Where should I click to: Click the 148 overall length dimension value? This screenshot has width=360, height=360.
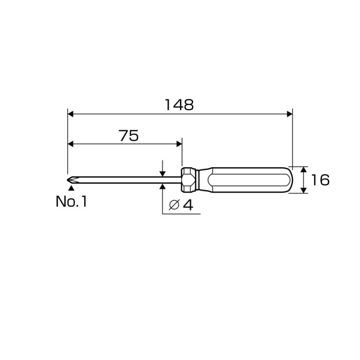pos(180,105)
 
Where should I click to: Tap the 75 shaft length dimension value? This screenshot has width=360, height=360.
pos(128,135)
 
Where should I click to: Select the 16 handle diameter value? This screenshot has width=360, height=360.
pos(320,180)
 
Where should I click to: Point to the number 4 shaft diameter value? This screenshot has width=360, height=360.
pos(188,205)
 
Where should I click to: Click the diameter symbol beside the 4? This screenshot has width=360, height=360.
pos(174,205)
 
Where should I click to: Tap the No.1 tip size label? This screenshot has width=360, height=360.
pos(71,202)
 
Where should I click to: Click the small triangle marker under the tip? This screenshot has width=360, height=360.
pos(71,188)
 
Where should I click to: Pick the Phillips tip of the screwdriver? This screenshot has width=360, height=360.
pos(72,180)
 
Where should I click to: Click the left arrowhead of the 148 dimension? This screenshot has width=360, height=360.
pos(70,114)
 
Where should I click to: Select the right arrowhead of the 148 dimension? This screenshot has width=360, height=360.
pos(290,114)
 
